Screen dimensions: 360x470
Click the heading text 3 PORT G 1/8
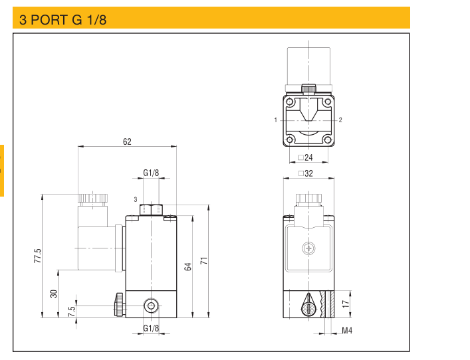tap(63, 19)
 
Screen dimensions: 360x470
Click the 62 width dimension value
tap(127, 141)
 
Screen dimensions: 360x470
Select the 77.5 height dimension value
tap(38, 256)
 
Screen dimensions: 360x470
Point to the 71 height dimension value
tap(205, 261)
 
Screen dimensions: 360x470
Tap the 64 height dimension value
tap(188, 266)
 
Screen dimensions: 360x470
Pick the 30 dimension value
tap(54, 293)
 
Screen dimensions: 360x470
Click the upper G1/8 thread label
tap(152, 173)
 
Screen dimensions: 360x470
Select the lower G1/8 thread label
tap(152, 328)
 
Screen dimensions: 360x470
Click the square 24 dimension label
tap(306, 157)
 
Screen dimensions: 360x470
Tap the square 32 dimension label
tap(306, 173)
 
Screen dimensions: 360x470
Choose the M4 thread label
tap(346, 330)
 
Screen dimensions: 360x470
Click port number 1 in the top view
tap(275, 120)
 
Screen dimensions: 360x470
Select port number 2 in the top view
tap(340, 120)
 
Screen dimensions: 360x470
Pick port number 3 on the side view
tap(135, 199)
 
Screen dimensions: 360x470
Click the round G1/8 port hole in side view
tap(152, 306)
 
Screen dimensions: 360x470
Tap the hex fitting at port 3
tap(152, 209)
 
